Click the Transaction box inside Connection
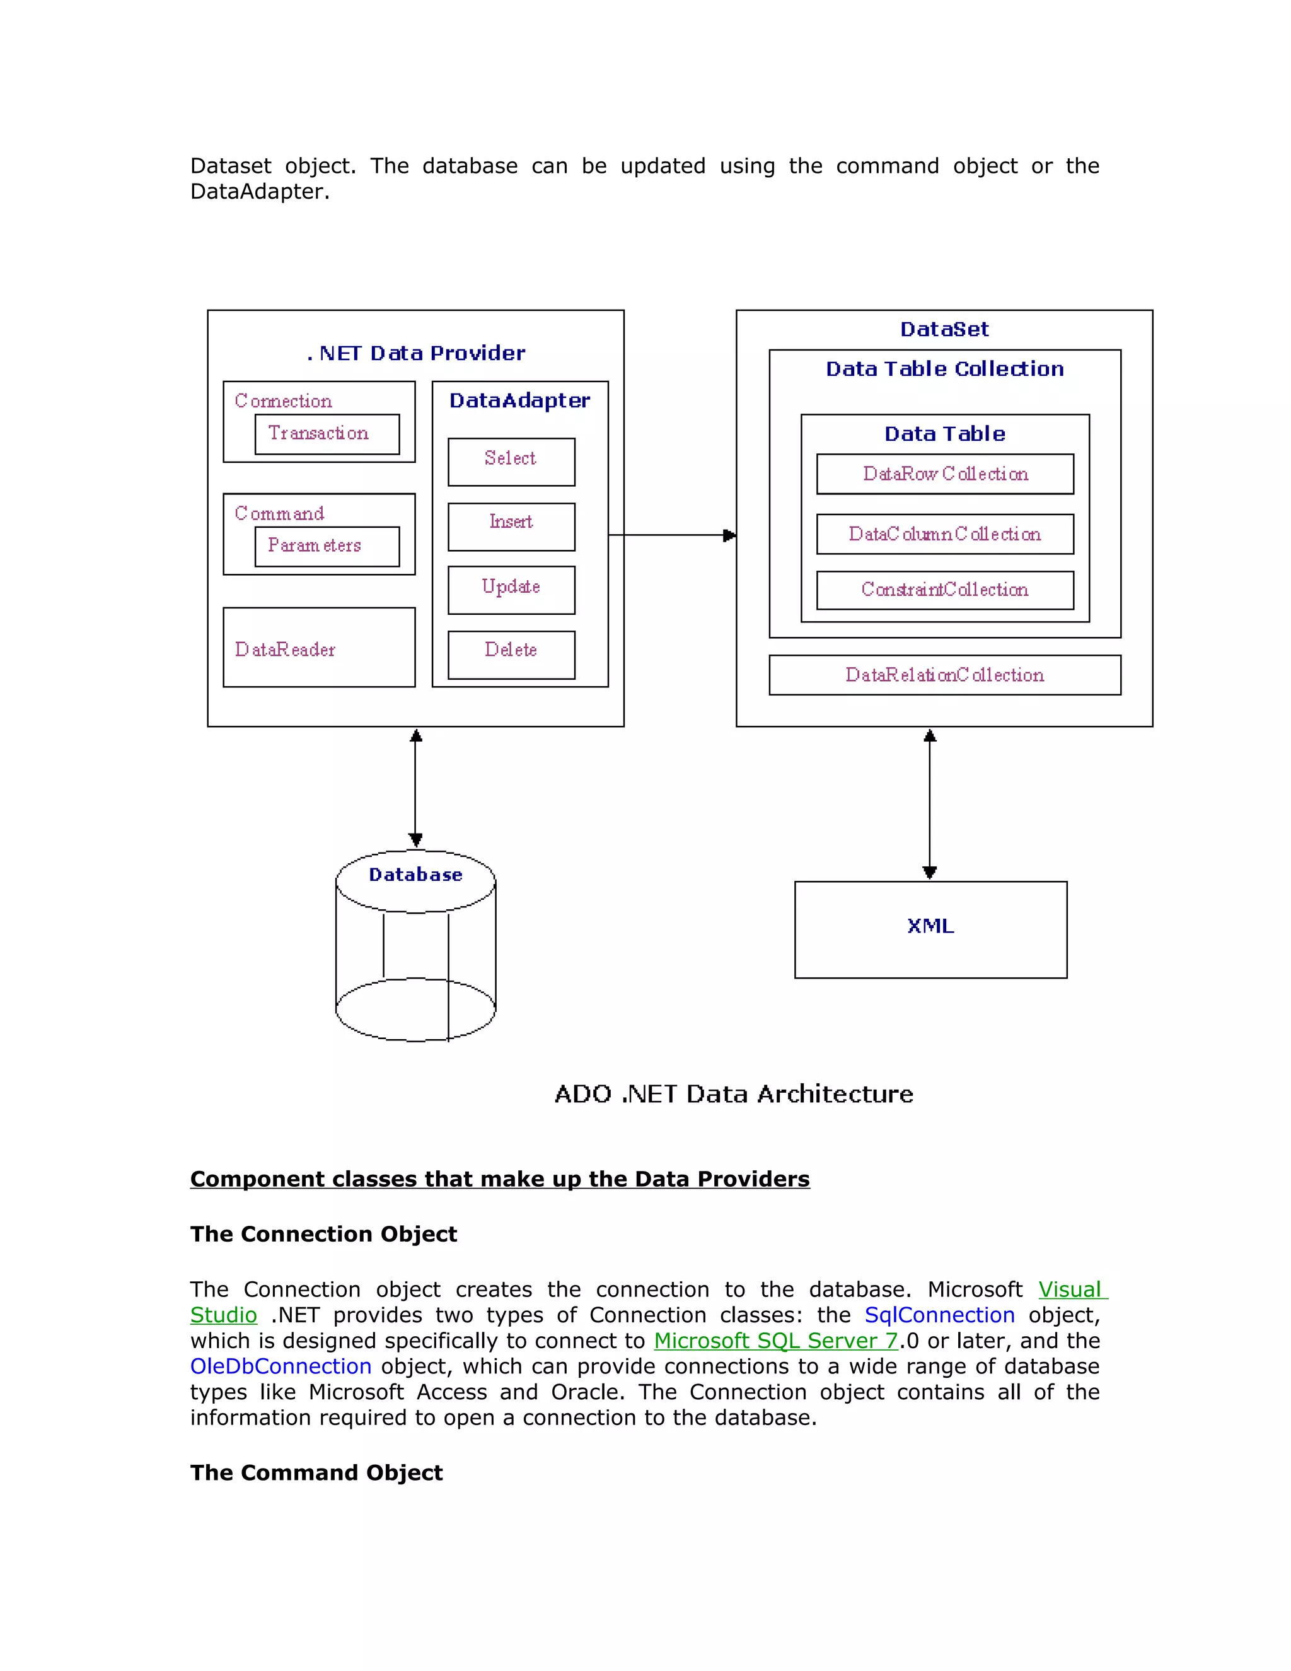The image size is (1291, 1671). pyautogui.click(x=327, y=434)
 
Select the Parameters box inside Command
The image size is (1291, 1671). pyautogui.click(x=327, y=546)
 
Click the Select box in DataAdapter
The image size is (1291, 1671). pyautogui.click(x=511, y=462)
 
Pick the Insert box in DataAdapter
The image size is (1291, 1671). pyautogui.click(x=511, y=527)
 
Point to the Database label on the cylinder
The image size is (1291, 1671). pyautogui.click(x=415, y=875)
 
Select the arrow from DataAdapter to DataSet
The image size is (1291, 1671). pyautogui.click(x=671, y=535)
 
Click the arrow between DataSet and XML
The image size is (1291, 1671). pyautogui.click(x=929, y=803)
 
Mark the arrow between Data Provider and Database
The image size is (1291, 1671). pyautogui.click(x=415, y=788)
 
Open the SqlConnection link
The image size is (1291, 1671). pyautogui.click(x=939, y=1315)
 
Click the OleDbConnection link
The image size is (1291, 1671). pyautogui.click(x=281, y=1366)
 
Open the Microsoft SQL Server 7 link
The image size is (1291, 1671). pyautogui.click(x=775, y=1341)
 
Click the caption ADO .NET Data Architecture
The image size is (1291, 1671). pyautogui.click(x=734, y=1093)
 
